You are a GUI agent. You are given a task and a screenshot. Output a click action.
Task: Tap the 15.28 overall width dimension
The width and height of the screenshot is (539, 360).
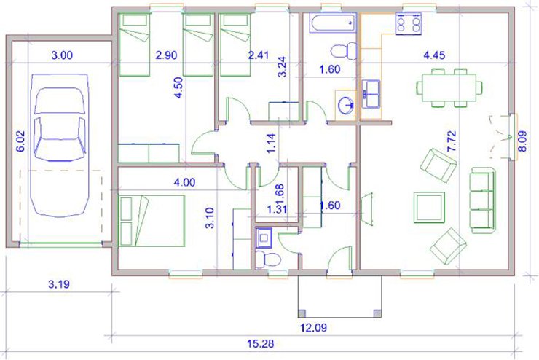pos(261,343)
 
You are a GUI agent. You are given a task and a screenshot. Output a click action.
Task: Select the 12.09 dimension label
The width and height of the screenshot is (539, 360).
pos(313,327)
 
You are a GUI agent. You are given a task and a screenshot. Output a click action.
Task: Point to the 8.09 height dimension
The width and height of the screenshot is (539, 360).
pos(522,141)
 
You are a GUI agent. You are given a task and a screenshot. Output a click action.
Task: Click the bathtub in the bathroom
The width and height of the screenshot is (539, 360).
pos(333,23)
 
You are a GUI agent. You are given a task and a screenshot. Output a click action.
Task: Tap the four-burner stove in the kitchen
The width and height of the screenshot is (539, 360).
pos(409,23)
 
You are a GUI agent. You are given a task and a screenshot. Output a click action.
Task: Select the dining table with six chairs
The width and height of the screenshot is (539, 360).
pos(449,87)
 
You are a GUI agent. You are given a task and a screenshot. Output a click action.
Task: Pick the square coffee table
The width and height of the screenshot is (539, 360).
pos(429,208)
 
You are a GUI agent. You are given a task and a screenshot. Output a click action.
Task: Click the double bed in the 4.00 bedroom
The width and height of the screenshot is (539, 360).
pos(152,221)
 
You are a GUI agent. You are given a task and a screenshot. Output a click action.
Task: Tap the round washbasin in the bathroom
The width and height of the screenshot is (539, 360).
pos(345,103)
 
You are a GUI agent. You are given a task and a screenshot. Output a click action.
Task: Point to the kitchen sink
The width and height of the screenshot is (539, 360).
pos(371,94)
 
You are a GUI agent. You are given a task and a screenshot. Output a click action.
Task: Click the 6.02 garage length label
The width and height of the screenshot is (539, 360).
pos(20,141)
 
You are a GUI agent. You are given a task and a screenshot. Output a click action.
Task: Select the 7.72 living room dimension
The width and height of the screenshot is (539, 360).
pos(452,141)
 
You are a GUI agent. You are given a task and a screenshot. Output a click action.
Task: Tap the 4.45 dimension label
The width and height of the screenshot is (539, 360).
pos(434,55)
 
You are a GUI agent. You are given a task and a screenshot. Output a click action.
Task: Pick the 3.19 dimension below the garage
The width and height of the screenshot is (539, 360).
pos(59,284)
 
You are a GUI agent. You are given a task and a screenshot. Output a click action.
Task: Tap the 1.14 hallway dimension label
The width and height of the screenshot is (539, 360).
pos(271,143)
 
